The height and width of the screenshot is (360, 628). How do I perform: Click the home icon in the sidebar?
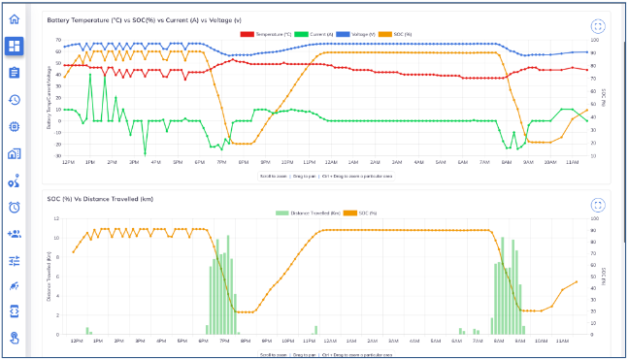click(14, 18)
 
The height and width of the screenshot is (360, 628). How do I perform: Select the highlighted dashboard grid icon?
click(14, 46)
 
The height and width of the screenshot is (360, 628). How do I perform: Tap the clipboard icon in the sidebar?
click(14, 73)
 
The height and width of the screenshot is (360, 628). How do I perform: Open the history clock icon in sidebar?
click(14, 100)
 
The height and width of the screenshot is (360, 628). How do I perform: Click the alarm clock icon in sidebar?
click(14, 207)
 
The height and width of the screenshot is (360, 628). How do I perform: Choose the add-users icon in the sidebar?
click(14, 234)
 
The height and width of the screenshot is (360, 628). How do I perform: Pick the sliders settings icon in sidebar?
click(14, 260)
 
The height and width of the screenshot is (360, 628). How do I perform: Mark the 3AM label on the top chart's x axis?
click(374, 162)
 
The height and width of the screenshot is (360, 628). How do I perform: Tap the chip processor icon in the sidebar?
click(14, 126)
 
